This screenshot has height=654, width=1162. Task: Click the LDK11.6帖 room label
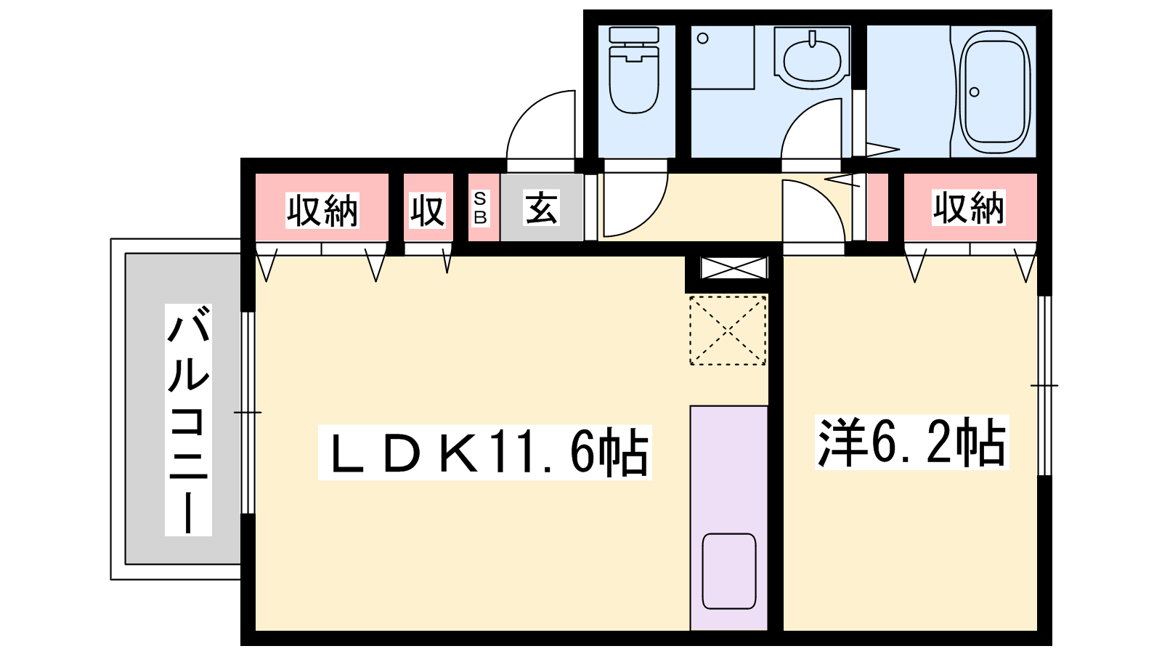(x=484, y=452)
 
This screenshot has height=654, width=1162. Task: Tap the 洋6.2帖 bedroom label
(x=911, y=443)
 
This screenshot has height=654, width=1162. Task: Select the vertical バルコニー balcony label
(x=188, y=420)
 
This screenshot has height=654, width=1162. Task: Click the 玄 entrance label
(x=541, y=208)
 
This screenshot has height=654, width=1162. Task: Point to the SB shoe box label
(x=480, y=208)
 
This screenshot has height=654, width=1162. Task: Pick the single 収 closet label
(x=428, y=211)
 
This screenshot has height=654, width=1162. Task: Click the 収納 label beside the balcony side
(x=322, y=211)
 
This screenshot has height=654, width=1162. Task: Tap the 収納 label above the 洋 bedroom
(x=969, y=208)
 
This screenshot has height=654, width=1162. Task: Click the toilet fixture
(x=634, y=70)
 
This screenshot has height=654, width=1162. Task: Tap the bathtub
(x=994, y=92)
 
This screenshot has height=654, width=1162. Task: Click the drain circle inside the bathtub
(x=974, y=92)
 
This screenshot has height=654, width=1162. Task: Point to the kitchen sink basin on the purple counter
(x=729, y=571)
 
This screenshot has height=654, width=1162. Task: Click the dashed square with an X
(x=728, y=330)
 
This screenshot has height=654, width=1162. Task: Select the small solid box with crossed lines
(x=734, y=268)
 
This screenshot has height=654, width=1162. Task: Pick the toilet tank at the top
(x=634, y=35)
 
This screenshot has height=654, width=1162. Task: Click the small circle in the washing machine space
(x=703, y=39)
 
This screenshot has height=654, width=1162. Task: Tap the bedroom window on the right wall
(x=1044, y=386)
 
